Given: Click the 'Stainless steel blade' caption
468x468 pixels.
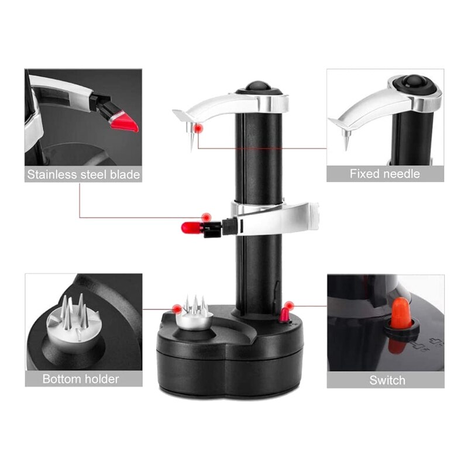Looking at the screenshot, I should [x=83, y=174].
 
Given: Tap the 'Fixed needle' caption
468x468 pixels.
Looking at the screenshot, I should [x=384, y=174].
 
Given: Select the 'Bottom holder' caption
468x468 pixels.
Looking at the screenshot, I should [x=81, y=378].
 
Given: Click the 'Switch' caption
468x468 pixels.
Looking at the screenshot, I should [x=387, y=380].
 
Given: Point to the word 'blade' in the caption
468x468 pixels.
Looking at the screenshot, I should [x=123, y=174].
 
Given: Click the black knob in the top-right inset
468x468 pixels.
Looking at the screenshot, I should [x=416, y=81].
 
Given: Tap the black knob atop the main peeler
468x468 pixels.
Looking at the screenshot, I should [x=258, y=85].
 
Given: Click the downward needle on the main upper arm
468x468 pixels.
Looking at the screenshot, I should [x=191, y=137].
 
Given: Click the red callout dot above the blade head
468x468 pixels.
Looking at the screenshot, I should [x=205, y=218].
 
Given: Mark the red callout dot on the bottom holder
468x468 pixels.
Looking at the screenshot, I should [x=177, y=308].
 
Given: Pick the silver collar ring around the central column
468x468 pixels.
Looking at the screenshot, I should [x=257, y=207].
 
